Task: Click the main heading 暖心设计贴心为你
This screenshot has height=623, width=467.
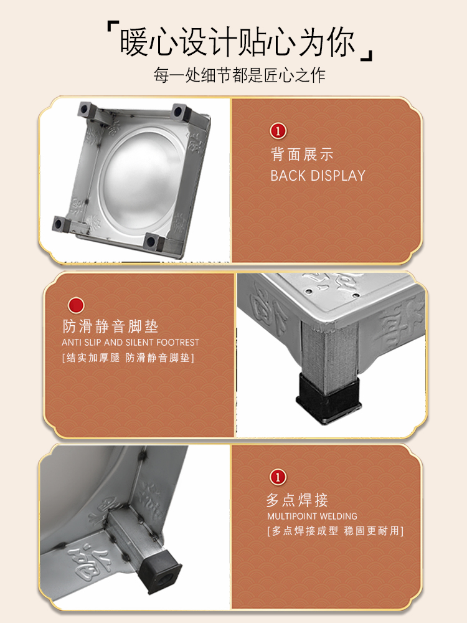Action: pos(237,42)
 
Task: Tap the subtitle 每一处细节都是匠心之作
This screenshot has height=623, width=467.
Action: pos(240,75)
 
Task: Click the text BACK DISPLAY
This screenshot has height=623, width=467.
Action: pos(318,176)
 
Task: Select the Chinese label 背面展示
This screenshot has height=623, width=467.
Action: pos(302,155)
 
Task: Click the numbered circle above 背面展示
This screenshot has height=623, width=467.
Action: pos(278,131)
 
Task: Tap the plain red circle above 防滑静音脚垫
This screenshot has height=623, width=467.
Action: pos(76,305)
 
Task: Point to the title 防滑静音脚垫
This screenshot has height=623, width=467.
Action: pos(110,326)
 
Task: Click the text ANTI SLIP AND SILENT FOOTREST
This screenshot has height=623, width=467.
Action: pos(130,343)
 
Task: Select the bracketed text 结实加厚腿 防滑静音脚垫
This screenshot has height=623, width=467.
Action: pos(128,358)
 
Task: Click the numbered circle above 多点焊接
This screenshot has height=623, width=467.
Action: pos(278,477)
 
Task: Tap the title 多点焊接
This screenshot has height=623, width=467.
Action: pos(297,500)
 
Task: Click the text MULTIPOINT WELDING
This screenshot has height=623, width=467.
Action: pos(312,516)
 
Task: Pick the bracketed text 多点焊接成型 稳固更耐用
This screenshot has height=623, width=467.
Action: pos(336,531)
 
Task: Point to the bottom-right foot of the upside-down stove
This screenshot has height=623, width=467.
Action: pos(153,242)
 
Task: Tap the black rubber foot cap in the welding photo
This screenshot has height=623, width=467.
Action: pos(159,570)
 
